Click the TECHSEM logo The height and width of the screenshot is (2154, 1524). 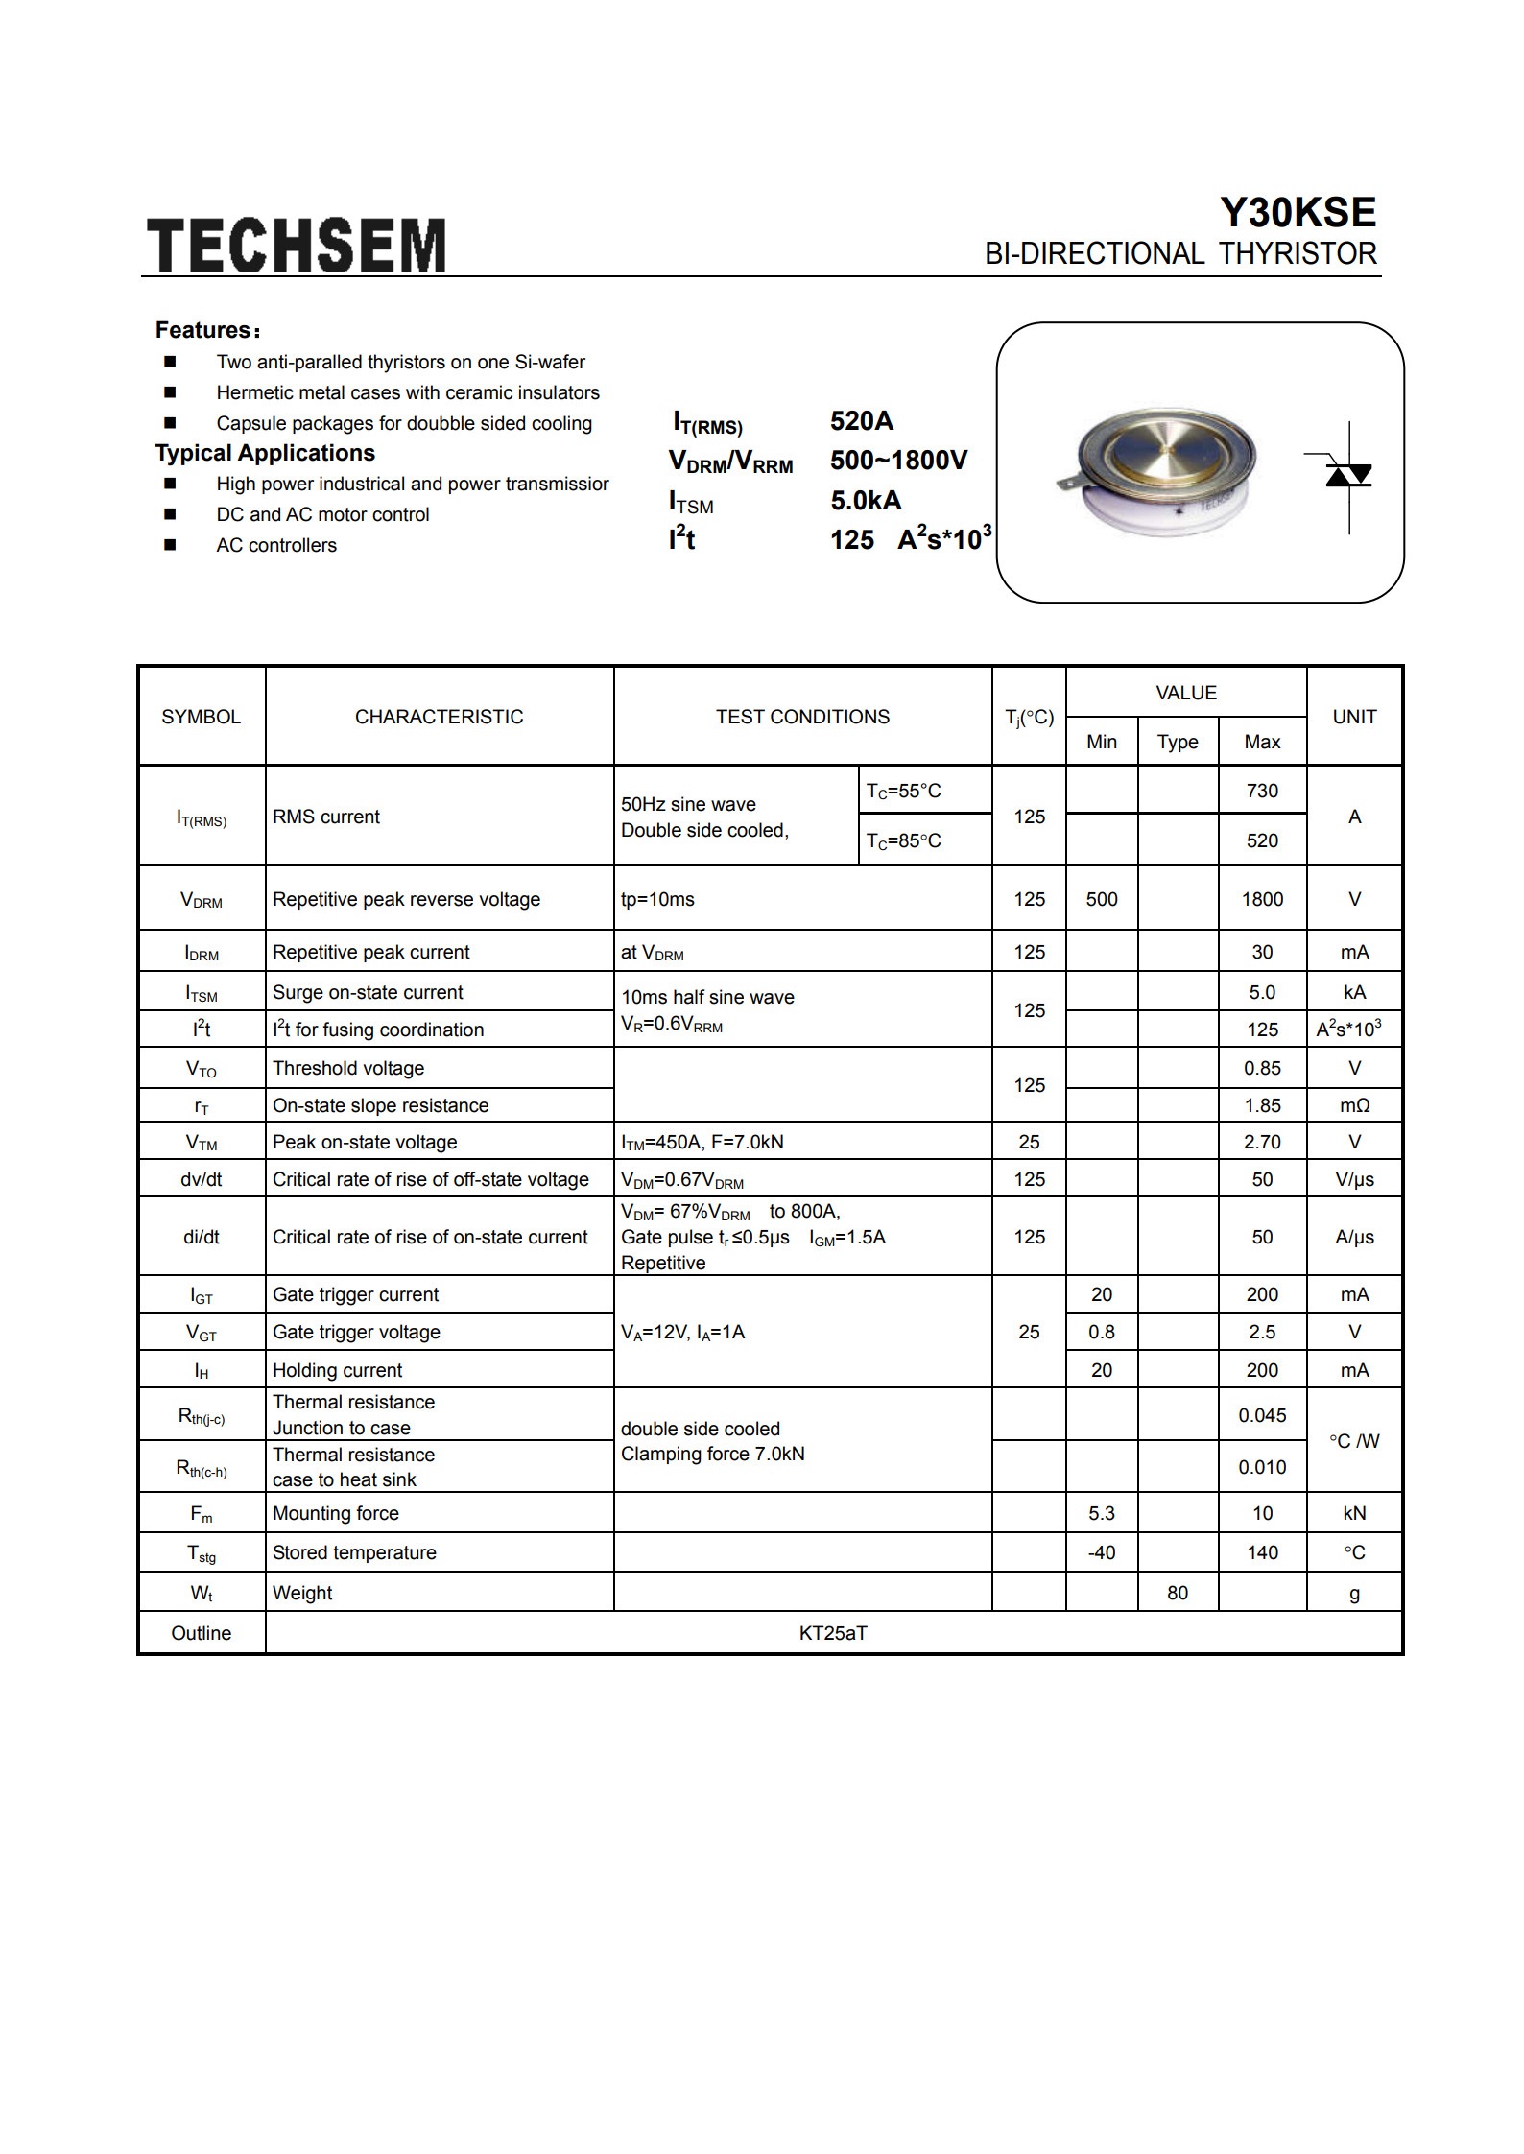click(296, 246)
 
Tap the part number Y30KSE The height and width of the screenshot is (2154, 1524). click(1298, 212)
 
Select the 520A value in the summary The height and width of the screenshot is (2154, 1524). click(861, 420)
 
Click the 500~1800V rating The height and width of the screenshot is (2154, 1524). click(898, 461)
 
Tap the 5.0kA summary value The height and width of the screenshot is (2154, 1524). click(866, 500)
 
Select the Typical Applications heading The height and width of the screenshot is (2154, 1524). click(265, 453)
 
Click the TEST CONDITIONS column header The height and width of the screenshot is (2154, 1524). click(802, 717)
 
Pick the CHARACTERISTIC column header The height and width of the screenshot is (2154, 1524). click(439, 717)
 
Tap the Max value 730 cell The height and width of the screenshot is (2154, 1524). click(1261, 791)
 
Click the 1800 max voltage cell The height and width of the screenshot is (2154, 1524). click(1261, 899)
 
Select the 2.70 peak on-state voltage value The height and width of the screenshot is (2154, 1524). click(1261, 1142)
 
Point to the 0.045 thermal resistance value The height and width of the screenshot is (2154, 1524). click(1261, 1415)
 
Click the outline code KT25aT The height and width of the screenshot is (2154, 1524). click(833, 1633)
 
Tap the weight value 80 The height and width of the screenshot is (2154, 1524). click(1177, 1593)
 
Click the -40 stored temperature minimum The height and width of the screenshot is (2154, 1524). click(1101, 1552)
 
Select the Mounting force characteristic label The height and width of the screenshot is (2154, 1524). click(335, 1513)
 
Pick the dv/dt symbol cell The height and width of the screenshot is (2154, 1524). click(201, 1179)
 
